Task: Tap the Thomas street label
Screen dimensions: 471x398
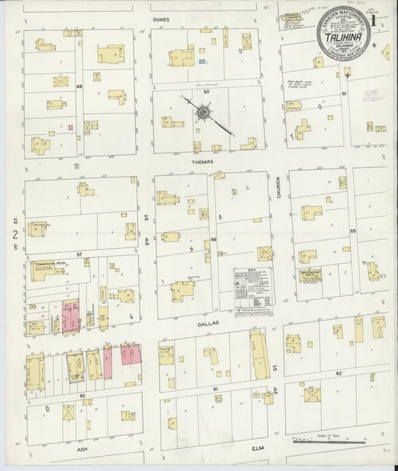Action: [202, 161]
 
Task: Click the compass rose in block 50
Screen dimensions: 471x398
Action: [202, 113]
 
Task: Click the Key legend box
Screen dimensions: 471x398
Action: [253, 291]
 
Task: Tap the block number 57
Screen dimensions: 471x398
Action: [78, 254]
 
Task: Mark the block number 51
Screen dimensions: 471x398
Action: [344, 94]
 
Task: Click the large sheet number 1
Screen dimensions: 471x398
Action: [383, 24]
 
